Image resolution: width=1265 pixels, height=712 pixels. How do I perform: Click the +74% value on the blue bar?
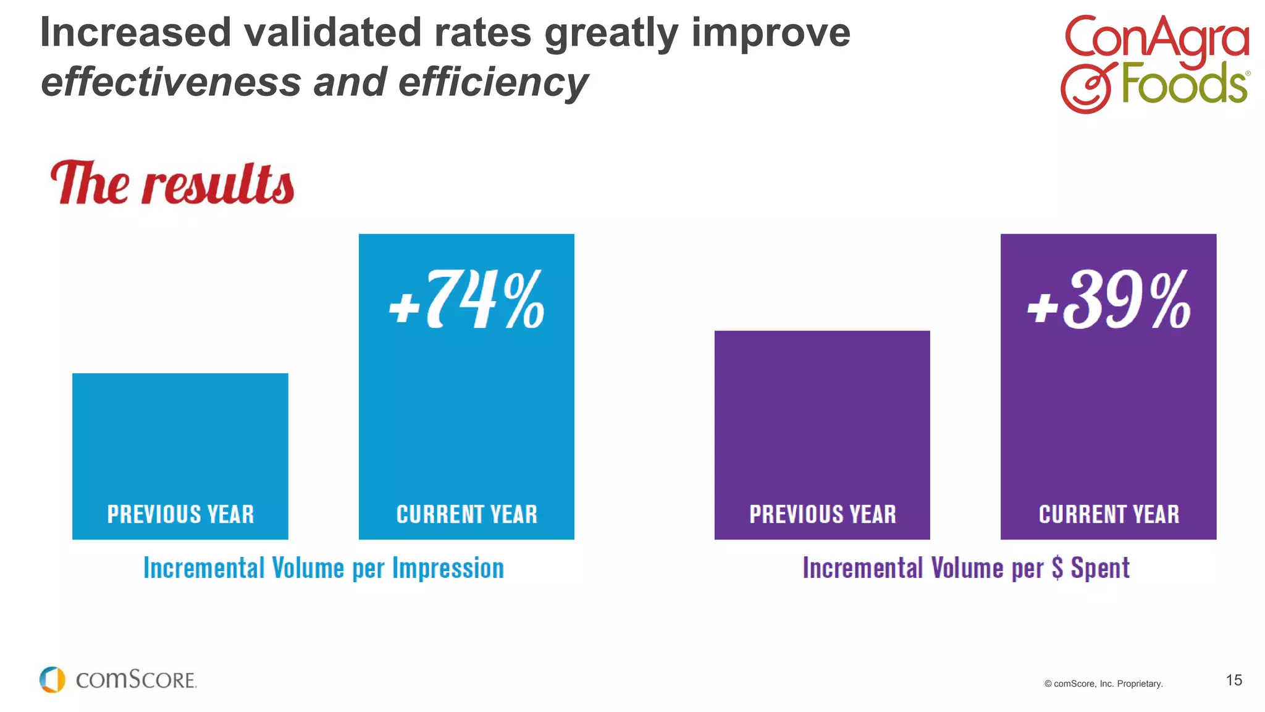467,300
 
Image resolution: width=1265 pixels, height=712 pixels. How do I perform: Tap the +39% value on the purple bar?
1109,300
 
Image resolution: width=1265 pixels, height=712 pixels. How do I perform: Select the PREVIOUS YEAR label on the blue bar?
180,514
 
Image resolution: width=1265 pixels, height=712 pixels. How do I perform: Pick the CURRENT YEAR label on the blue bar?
467,514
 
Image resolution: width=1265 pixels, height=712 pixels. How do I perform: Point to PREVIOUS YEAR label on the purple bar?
822,514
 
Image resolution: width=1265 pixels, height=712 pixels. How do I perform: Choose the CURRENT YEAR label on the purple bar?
1109,514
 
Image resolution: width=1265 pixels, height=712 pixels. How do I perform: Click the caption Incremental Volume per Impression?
324,568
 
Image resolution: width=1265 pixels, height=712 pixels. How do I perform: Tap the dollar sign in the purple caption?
1057,568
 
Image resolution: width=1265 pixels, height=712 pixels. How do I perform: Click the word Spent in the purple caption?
1100,568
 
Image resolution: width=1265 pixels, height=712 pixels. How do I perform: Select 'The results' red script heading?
172,184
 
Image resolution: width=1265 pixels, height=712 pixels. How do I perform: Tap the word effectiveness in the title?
170,82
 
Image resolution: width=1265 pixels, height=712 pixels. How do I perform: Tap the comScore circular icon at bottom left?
52,680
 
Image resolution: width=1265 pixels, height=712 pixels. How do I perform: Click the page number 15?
1233,680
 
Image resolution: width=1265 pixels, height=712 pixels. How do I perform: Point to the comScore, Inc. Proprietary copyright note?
1103,684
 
